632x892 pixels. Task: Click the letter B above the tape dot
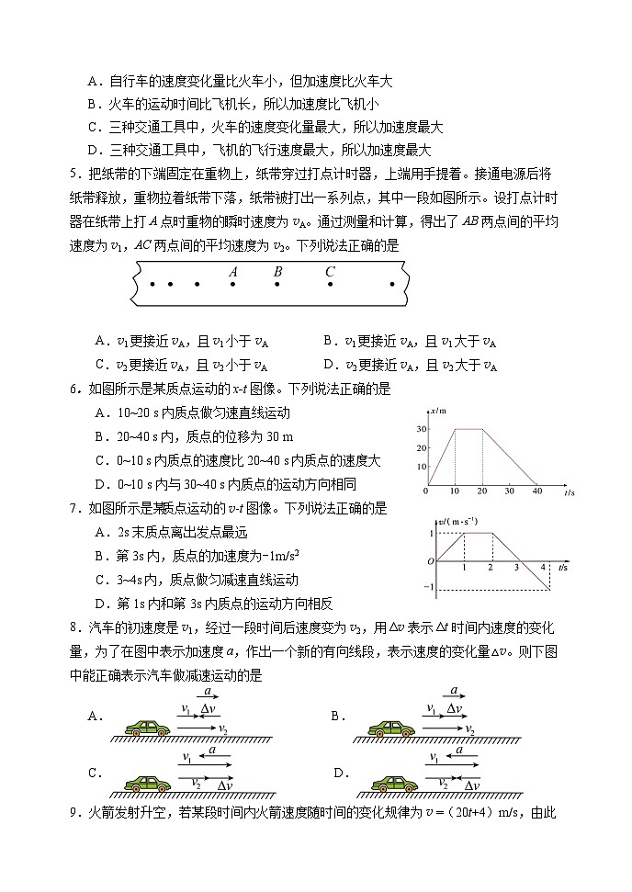277,271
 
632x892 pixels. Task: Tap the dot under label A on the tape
233,285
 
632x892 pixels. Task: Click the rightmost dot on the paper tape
392,285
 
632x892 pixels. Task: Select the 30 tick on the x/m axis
421,429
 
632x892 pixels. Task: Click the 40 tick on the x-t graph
537,492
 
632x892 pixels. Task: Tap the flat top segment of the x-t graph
469,429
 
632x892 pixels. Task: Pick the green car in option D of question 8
394,784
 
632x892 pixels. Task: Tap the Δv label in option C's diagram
225,785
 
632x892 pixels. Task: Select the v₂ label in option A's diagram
223,729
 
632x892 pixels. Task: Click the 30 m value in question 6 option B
276,436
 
